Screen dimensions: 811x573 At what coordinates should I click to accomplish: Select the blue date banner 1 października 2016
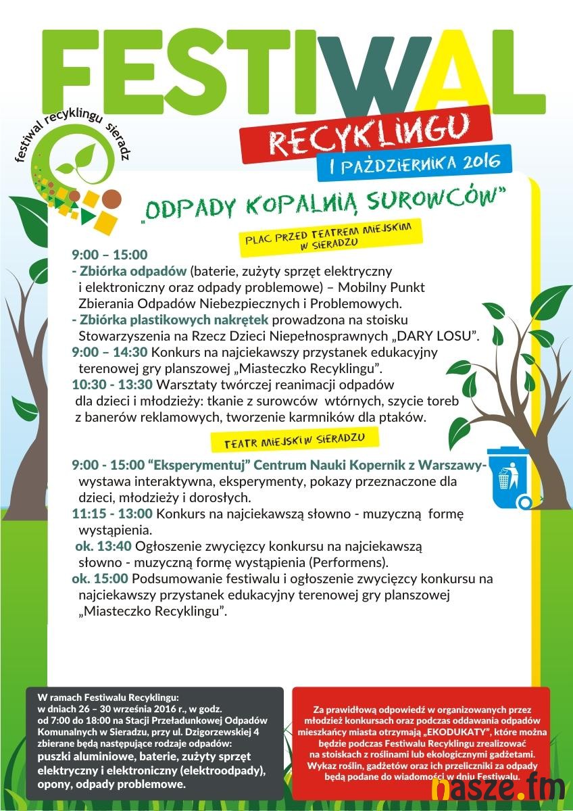tap(414, 162)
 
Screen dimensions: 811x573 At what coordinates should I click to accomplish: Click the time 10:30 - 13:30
tap(112, 385)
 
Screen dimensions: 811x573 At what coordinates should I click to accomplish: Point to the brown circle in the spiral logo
tap(110, 199)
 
